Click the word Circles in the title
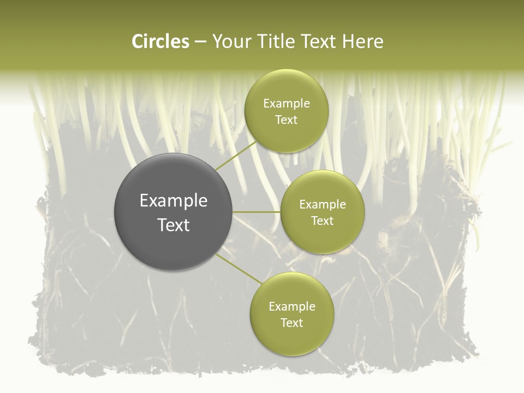[160, 41]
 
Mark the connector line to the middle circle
[256, 212]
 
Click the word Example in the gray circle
[174, 201]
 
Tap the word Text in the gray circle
[174, 225]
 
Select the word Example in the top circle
[286, 104]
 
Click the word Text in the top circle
[286, 120]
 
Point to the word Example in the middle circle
[322, 205]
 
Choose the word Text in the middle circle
[322, 221]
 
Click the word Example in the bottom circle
[291, 307]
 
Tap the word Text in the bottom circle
[291, 323]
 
